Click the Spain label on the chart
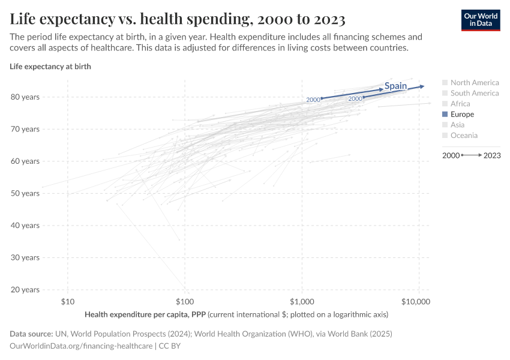click(x=395, y=86)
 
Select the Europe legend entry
click(x=461, y=114)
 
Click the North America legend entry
click(x=474, y=83)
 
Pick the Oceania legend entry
click(x=463, y=136)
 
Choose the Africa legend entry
click(x=460, y=104)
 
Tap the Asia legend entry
click(x=457, y=125)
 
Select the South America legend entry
click(x=474, y=93)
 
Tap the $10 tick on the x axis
click(x=67, y=301)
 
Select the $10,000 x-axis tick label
click(x=416, y=301)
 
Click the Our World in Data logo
click(x=480, y=20)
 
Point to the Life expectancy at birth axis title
click(x=50, y=67)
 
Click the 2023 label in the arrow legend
click(x=492, y=155)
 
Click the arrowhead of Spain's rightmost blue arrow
click(x=422, y=86)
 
